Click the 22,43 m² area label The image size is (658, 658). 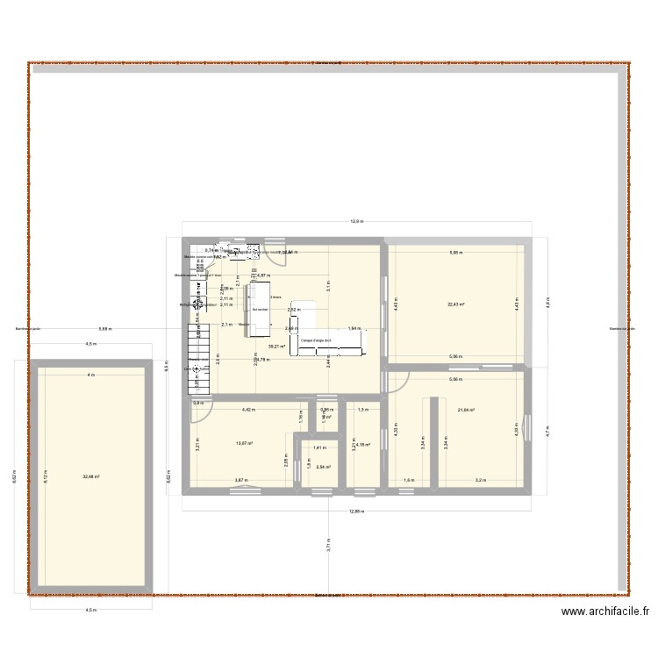point(456,305)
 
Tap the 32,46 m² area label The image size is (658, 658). point(90,476)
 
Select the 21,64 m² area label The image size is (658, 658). point(465,409)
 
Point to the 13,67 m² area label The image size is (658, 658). point(243,443)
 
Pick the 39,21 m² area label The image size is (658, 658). point(276,347)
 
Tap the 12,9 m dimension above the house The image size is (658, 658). point(357,221)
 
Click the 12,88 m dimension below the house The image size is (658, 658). point(355,511)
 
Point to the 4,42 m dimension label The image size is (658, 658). point(248,409)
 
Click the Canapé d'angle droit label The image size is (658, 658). point(315,340)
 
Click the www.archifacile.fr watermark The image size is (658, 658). point(604,613)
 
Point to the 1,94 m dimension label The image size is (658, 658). point(353,328)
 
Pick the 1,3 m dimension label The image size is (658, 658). point(363,409)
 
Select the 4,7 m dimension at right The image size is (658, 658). point(547,432)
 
